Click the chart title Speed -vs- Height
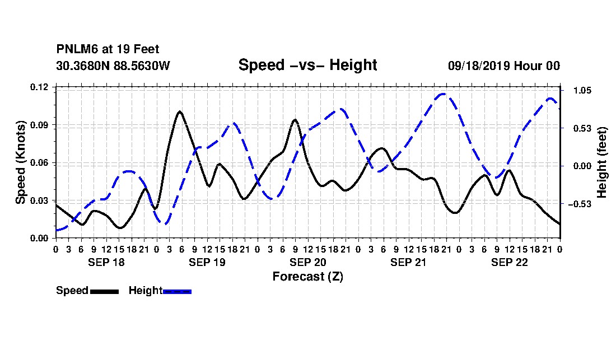307,65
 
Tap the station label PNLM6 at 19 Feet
108,49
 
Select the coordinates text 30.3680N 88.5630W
113,66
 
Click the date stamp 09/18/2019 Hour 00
504,66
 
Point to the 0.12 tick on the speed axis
39,87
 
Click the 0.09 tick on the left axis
39,125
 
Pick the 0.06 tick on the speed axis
39,162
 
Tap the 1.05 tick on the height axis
582,90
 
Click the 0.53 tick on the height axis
582,128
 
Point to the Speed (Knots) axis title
20,162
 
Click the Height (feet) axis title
601,162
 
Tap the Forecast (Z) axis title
307,277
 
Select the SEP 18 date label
106,262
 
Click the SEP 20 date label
307,262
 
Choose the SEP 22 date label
509,262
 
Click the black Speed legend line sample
105,291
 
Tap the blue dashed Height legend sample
177,291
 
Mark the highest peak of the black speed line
180,111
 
